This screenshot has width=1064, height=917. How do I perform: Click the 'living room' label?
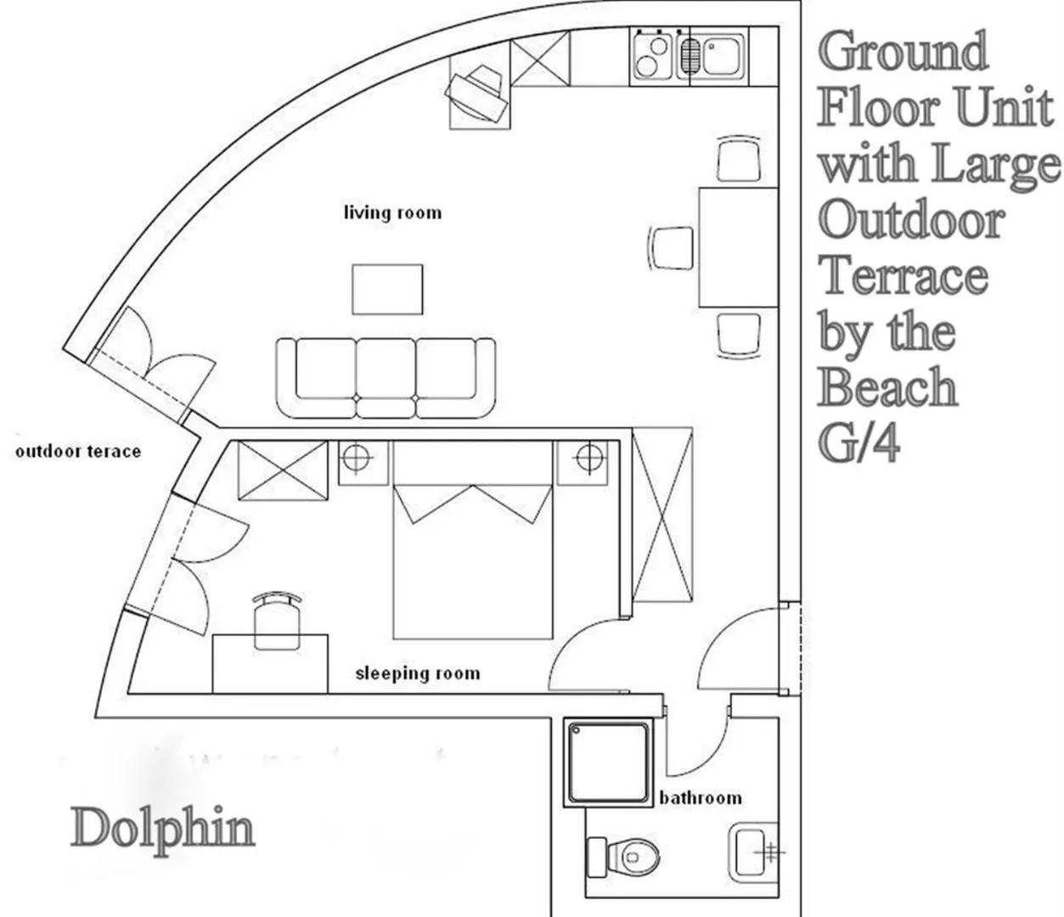(392, 211)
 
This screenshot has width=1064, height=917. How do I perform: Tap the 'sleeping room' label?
(417, 673)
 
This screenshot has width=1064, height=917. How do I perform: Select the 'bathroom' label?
(700, 798)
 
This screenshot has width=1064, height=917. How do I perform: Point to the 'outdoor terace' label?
(78, 451)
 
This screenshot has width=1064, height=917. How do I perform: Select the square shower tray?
(610, 762)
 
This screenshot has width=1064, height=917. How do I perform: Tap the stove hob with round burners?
(652, 55)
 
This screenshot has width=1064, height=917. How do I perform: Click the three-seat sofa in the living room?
(386, 378)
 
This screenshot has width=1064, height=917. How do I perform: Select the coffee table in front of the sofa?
(387, 289)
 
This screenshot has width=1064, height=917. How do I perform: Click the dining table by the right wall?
(737, 247)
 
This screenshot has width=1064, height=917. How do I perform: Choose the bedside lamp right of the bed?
(586, 459)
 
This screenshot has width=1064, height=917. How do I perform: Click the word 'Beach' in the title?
(888, 388)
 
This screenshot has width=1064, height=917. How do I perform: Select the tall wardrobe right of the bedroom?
(664, 517)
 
